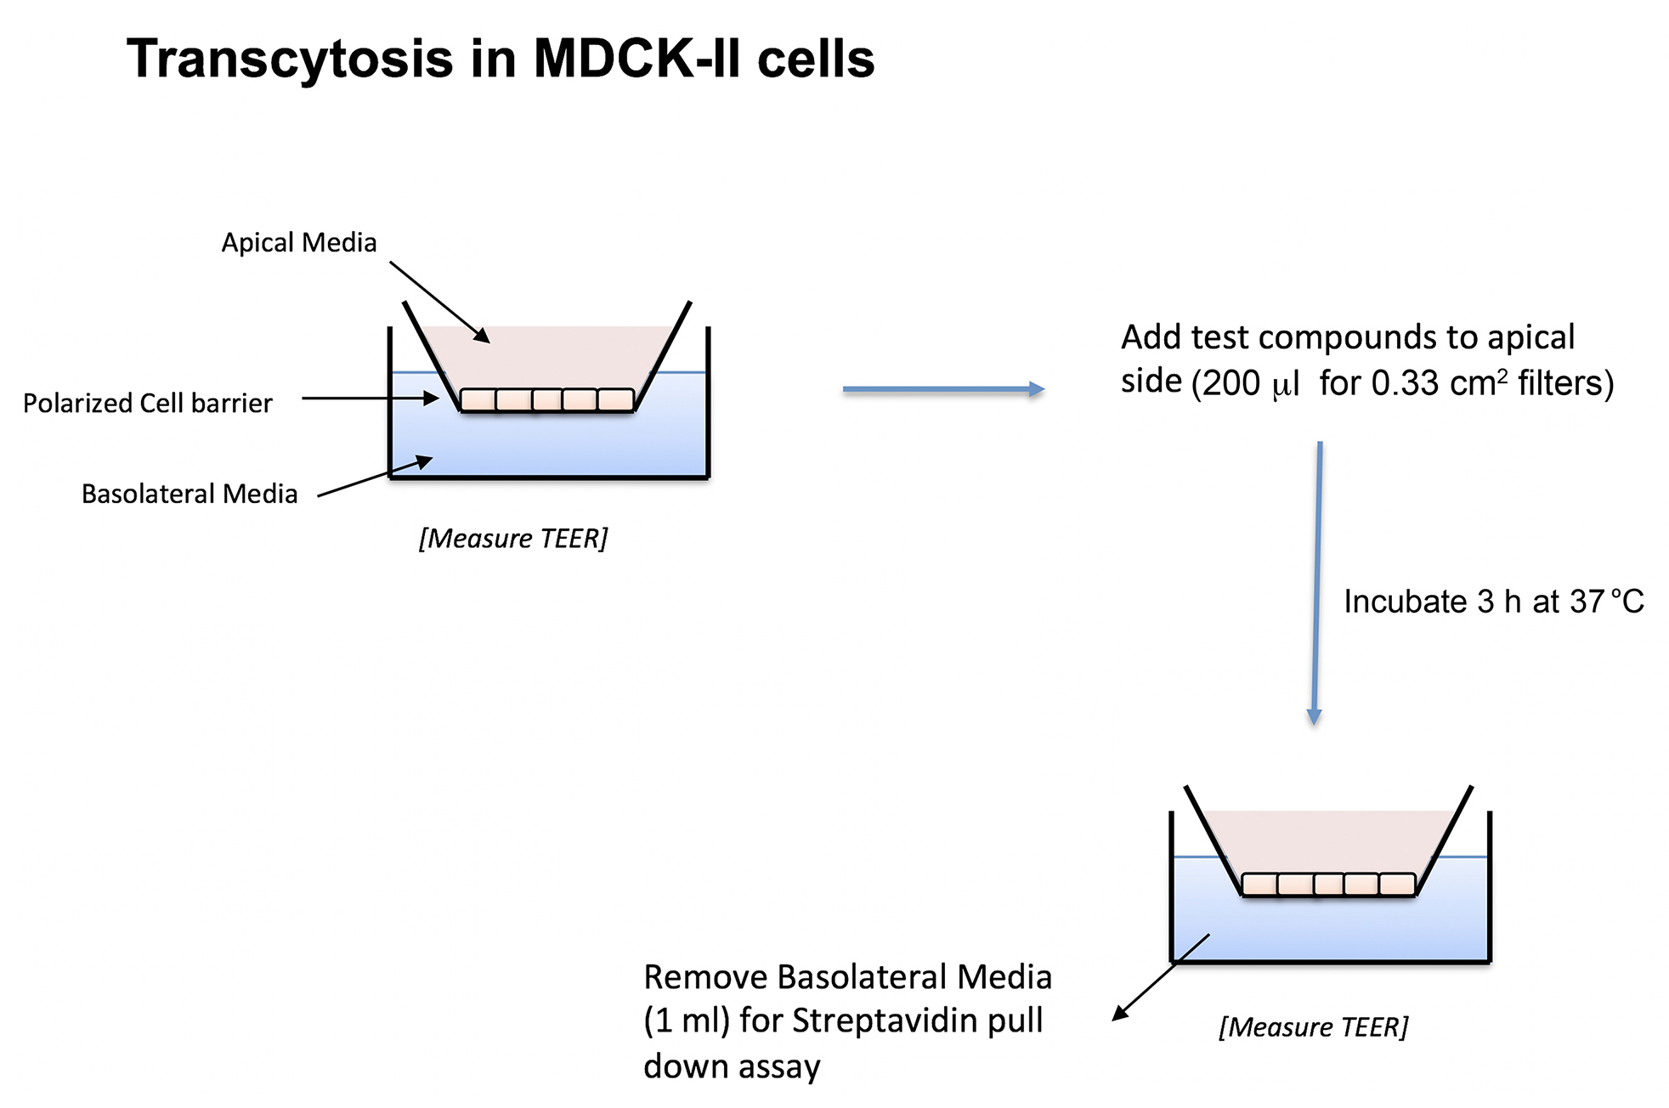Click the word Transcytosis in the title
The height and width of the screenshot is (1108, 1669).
pos(290,59)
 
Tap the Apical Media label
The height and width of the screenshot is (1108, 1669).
pos(299,243)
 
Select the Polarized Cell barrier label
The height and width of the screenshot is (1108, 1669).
pos(148,403)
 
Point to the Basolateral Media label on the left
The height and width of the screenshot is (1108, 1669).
pos(190,494)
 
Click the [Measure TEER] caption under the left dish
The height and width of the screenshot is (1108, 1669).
pos(513,539)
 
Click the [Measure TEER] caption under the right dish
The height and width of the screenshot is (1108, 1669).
pos(1314,1027)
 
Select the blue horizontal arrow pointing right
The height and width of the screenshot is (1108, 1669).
pos(943,389)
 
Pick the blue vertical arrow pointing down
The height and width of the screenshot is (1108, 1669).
pos(1316,583)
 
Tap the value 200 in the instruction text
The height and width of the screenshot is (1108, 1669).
pos(1231,383)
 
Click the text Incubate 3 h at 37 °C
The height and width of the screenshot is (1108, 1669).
pos(1494,602)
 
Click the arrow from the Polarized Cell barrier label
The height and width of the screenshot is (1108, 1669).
pos(371,398)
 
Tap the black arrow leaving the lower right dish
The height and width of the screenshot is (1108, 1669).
pos(1161,977)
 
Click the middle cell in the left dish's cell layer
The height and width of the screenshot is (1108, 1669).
pos(547,399)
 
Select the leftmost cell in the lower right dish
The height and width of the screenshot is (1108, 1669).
pos(1260,885)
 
